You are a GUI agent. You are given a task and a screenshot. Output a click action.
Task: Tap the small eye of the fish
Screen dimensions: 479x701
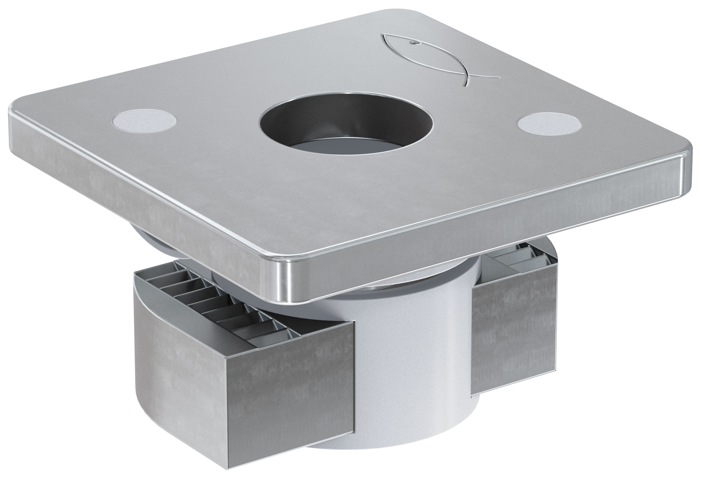click(x=413, y=43)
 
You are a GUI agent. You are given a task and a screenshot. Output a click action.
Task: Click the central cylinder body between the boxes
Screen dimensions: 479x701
click(x=411, y=343)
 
